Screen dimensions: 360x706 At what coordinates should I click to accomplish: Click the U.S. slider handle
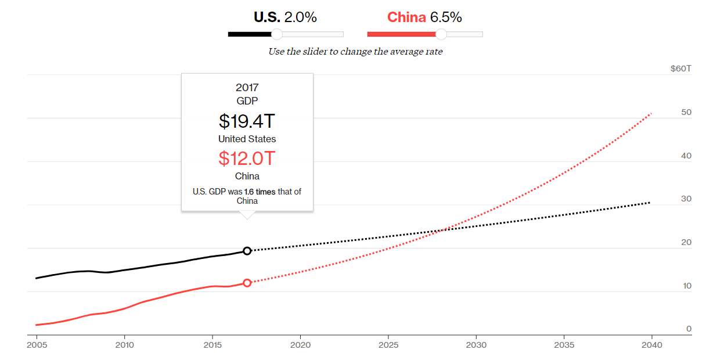(277, 34)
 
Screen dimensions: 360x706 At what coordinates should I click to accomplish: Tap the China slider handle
(441, 34)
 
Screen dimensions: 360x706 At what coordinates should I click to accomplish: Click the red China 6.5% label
(424, 17)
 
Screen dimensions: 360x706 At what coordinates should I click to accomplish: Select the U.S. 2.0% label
(285, 17)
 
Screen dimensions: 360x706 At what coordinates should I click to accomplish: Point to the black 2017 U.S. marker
(247, 251)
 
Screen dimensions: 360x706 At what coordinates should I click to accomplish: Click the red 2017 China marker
(247, 283)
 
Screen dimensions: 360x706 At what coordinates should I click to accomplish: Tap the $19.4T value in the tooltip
(247, 121)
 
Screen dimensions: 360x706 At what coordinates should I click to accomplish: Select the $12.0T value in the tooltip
(247, 158)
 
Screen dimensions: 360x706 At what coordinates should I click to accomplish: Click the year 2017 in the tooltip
(247, 88)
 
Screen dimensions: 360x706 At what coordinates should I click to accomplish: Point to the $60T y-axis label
(681, 69)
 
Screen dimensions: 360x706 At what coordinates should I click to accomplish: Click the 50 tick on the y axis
(686, 112)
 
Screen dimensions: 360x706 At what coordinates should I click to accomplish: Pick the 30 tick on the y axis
(686, 199)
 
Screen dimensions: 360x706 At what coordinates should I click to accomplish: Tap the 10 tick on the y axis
(686, 286)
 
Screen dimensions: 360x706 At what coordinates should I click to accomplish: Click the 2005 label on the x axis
(37, 345)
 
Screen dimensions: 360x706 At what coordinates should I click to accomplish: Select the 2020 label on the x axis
(300, 345)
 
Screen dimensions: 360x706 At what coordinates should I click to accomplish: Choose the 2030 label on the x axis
(476, 345)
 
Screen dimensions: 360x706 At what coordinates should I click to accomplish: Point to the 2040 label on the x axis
(652, 345)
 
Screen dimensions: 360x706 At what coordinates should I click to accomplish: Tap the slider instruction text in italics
(355, 52)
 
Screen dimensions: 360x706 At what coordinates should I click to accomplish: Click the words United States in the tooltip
(247, 139)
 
